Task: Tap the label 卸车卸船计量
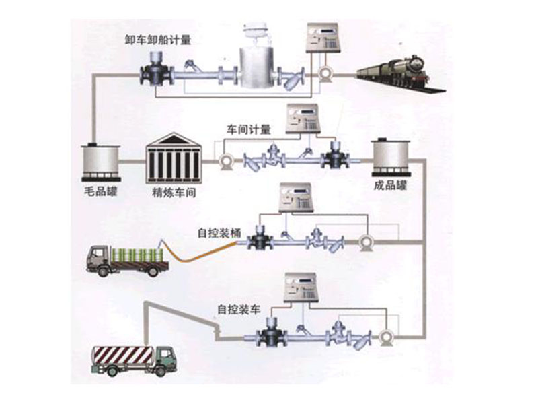click(158, 39)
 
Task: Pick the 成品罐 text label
click(391, 185)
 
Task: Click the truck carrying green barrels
click(128, 261)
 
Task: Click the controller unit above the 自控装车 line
click(304, 288)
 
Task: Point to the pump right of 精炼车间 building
click(225, 162)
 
